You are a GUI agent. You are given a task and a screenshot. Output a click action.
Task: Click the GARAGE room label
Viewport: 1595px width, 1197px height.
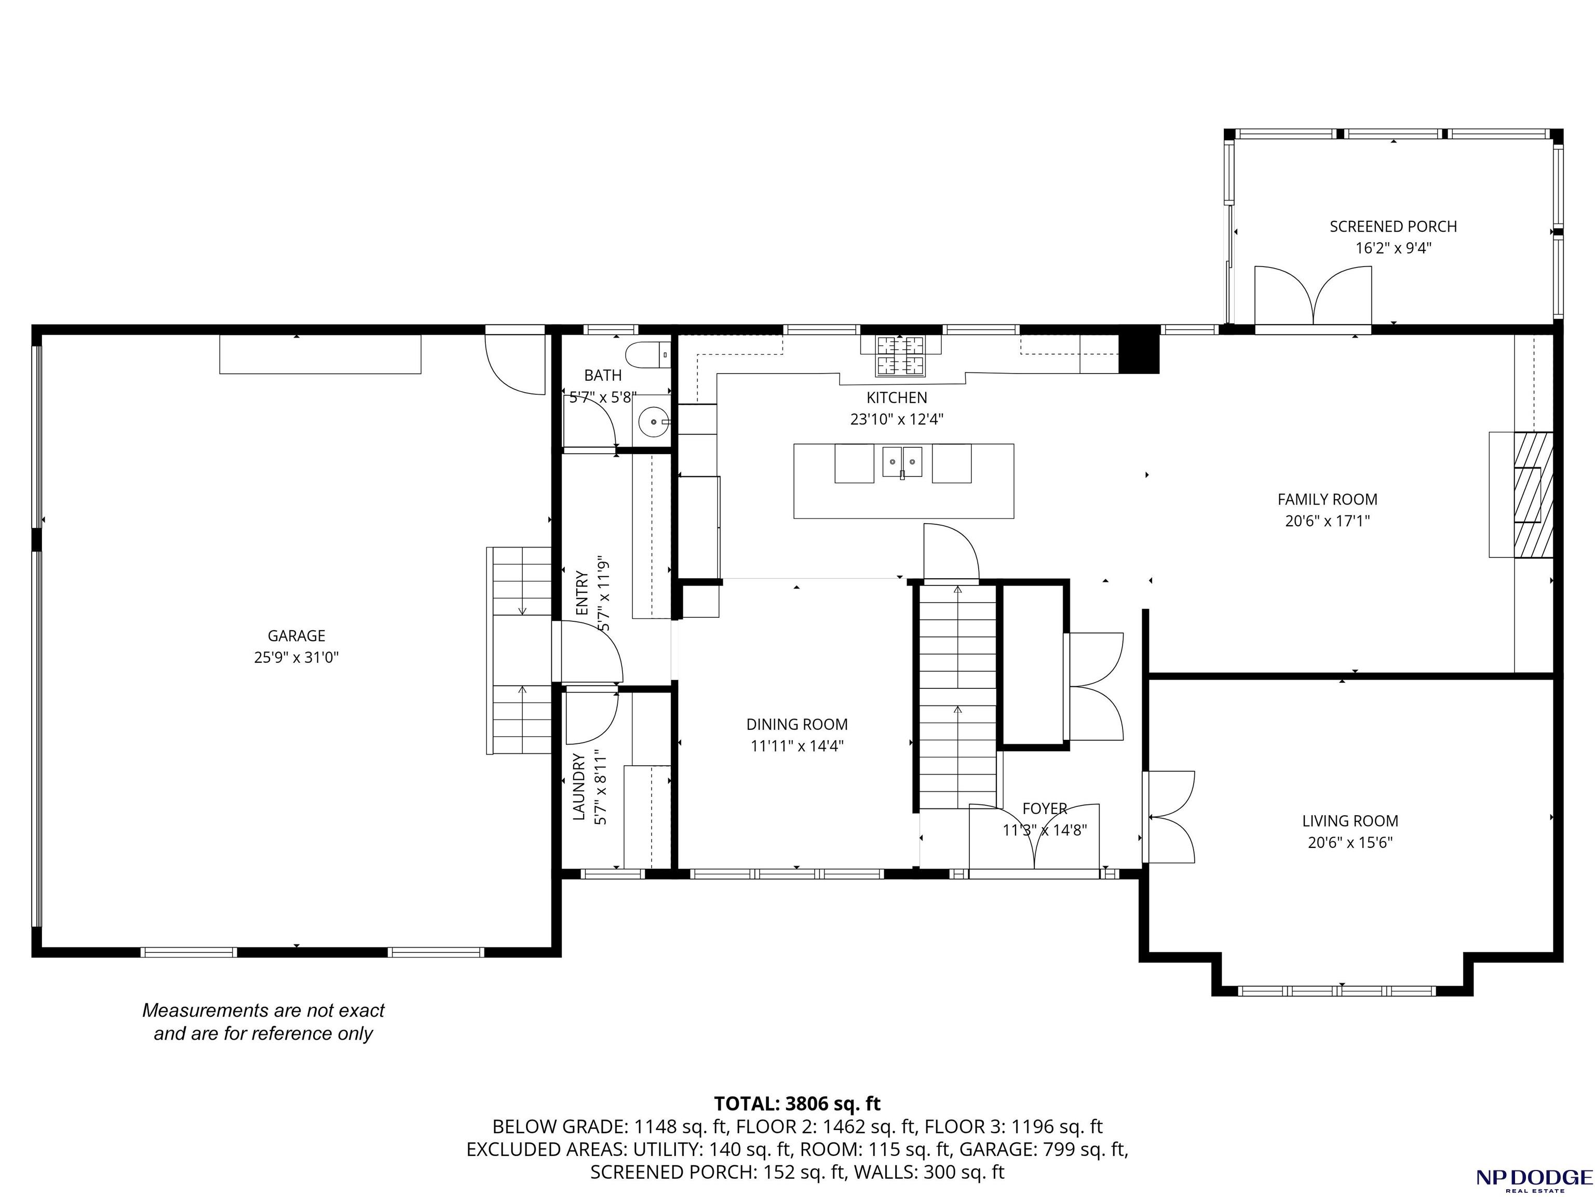click(296, 636)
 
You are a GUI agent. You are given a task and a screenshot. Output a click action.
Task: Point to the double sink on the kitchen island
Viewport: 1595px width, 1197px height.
click(902, 462)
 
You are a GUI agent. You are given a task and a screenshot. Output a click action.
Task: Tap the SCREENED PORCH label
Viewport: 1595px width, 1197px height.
click(1393, 227)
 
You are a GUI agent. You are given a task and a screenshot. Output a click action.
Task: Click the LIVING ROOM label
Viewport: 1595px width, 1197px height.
click(1350, 820)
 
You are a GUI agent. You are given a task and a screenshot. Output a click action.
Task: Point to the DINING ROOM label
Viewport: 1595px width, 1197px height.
click(797, 724)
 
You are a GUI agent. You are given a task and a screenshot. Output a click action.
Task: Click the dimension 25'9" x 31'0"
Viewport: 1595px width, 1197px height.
click(296, 657)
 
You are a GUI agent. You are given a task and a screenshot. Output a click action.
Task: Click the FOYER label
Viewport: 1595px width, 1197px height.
click(1045, 809)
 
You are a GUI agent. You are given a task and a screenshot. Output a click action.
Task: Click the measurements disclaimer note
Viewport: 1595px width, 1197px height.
click(263, 1022)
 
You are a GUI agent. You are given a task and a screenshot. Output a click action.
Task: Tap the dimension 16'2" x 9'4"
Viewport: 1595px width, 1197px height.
click(1393, 248)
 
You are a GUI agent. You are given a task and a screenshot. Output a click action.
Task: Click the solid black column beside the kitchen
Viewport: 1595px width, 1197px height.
click(1139, 354)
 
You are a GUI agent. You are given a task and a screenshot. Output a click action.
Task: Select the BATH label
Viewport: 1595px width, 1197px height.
click(603, 375)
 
